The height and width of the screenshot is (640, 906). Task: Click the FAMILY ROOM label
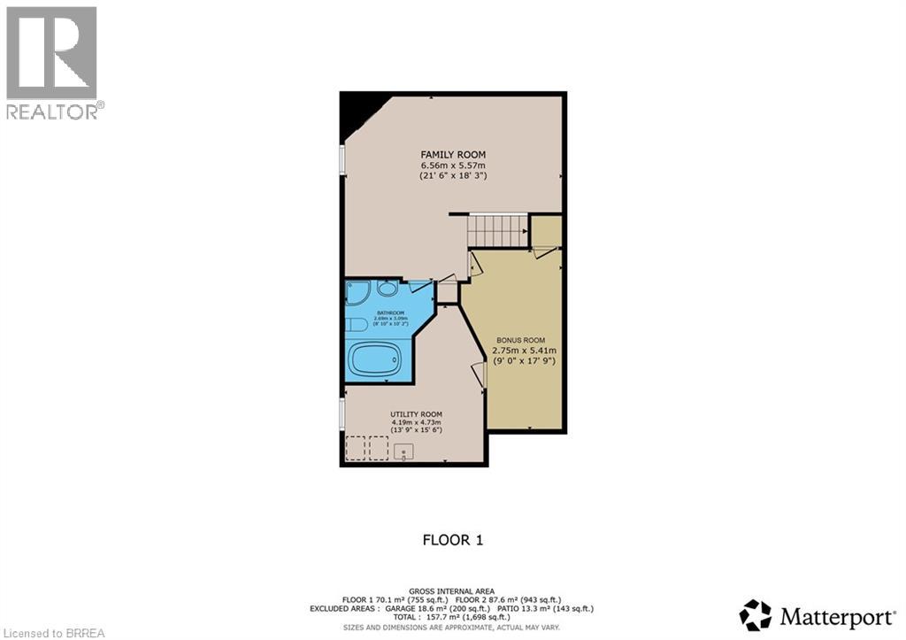click(453, 155)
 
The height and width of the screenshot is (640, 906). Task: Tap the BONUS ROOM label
click(520, 340)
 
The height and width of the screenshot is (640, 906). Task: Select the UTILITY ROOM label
click(417, 414)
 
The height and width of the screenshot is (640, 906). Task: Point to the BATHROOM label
click(390, 312)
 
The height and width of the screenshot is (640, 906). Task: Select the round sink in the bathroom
click(388, 289)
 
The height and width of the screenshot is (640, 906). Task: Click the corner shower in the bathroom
click(357, 293)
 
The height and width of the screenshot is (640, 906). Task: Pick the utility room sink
click(403, 451)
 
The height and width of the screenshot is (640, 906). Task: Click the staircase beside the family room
click(498, 231)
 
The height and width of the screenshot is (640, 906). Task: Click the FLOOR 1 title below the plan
click(452, 540)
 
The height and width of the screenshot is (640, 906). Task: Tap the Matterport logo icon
click(755, 614)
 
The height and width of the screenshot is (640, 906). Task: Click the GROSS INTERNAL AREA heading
click(452, 590)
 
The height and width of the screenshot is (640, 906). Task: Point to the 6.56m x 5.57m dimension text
click(453, 166)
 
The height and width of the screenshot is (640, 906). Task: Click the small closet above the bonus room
click(546, 232)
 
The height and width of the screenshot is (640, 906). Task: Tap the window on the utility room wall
click(342, 414)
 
